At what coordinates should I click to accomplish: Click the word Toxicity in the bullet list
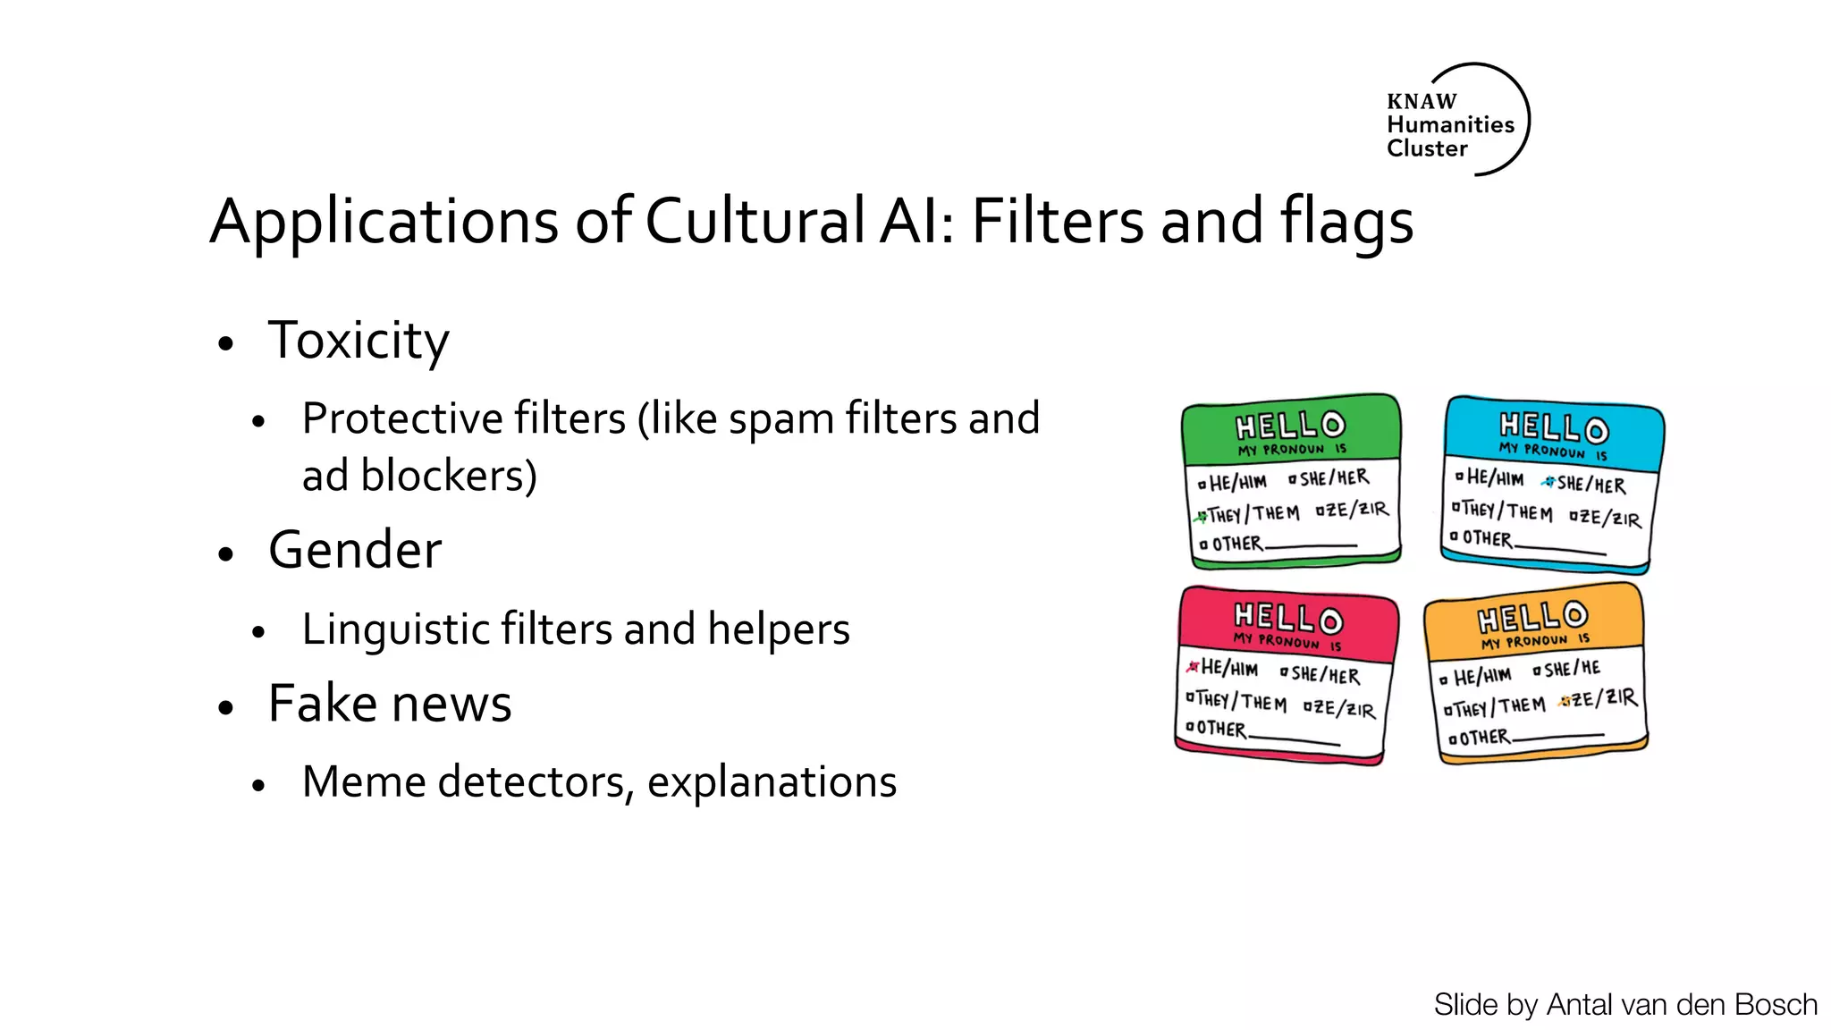tap(359, 341)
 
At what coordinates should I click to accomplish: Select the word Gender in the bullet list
tap(355, 549)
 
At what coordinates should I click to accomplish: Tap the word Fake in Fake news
tap(322, 703)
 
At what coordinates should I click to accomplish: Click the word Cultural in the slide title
tap(755, 221)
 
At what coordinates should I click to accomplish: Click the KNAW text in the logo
tap(1422, 101)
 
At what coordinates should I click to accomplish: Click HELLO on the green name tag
tap(1290, 425)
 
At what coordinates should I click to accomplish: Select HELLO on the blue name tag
tap(1554, 427)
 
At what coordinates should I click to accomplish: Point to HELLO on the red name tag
tap(1288, 617)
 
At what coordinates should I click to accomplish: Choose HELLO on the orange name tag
tap(1532, 616)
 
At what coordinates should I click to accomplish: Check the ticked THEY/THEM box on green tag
tap(1201, 516)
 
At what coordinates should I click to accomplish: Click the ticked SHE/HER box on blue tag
tap(1548, 483)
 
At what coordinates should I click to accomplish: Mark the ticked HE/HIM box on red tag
tap(1193, 667)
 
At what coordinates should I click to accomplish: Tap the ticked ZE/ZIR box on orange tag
tap(1565, 701)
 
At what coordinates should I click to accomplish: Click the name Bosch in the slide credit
tap(1775, 1005)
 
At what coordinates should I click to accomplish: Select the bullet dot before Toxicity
tap(225, 343)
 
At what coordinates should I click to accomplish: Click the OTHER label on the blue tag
tap(1487, 538)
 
